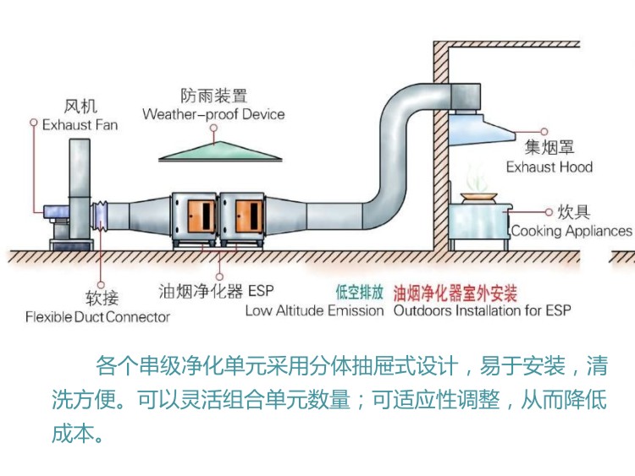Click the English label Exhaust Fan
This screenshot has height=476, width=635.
pyautogui.click(x=80, y=125)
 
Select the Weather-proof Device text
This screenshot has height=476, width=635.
pyautogui.click(x=213, y=114)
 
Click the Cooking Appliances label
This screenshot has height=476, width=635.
pyautogui.click(x=571, y=230)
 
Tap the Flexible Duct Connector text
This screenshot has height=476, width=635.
pyautogui.click(x=97, y=317)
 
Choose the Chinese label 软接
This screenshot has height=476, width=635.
pyautogui.click(x=102, y=298)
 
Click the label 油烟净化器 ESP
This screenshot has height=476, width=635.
pyautogui.click(x=216, y=292)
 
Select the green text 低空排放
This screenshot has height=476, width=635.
pyautogui.click(x=359, y=293)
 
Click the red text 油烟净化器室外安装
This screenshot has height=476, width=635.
pyautogui.click(x=455, y=293)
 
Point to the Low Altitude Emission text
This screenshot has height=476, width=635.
pyautogui.click(x=314, y=310)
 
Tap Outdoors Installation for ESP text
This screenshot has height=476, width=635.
pyautogui.click(x=482, y=310)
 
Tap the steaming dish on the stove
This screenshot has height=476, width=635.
pyautogui.click(x=478, y=196)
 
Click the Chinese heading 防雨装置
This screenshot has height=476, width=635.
pyautogui.click(x=213, y=96)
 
